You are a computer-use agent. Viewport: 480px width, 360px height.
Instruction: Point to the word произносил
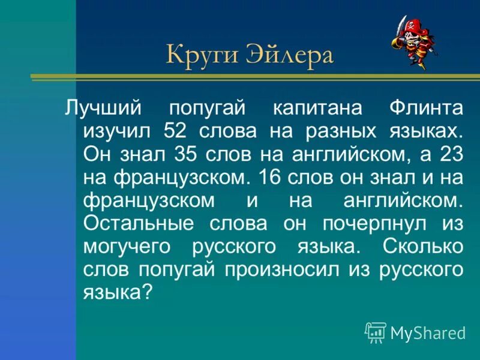pyautogui.click(x=281, y=269)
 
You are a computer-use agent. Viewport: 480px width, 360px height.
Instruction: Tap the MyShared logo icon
pyautogui.click(x=376, y=332)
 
